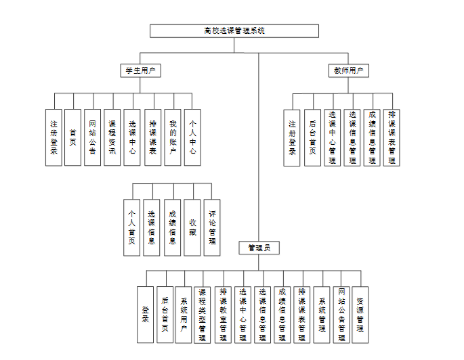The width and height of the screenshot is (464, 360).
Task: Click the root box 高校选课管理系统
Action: tap(234, 31)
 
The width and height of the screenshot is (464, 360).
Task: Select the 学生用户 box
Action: tap(140, 70)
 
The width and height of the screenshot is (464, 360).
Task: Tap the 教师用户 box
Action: tap(350, 70)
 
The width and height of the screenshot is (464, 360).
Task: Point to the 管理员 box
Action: tap(259, 248)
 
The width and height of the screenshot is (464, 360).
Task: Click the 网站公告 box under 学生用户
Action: tap(93, 137)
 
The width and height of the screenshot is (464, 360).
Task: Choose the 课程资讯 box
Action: tap(112, 137)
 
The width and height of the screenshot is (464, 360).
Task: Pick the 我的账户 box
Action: tap(173, 137)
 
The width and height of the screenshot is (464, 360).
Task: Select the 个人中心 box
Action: tap(192, 137)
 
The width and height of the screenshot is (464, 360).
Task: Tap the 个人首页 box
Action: tap(132, 227)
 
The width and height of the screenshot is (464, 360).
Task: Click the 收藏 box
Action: tap(193, 227)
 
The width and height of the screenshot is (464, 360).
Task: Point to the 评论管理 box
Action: tap(212, 227)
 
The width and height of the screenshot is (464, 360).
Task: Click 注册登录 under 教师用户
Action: tap(292, 137)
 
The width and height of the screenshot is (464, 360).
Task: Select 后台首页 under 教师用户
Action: tap(312, 137)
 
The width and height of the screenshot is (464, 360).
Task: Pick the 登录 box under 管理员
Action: tap(145, 315)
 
